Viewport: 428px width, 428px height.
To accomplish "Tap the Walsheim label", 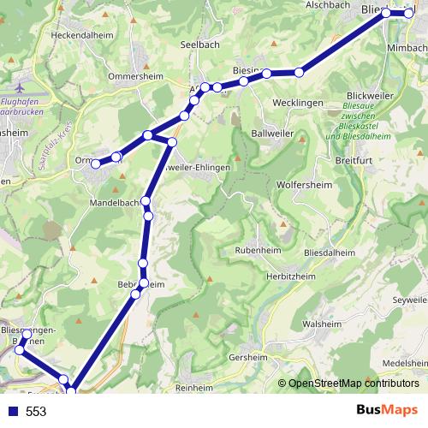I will click(323, 324).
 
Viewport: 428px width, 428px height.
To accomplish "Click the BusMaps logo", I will click(386, 411).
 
